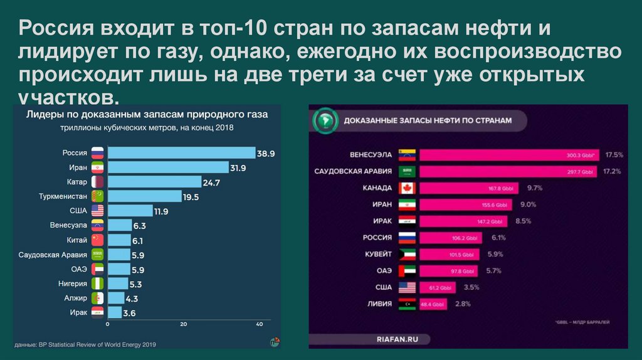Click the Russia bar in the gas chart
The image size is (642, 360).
point(182,152)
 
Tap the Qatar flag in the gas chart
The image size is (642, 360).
point(98,182)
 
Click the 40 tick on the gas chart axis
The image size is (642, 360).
point(259,324)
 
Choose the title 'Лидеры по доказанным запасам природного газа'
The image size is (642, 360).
point(146,115)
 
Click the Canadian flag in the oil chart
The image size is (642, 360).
point(407,188)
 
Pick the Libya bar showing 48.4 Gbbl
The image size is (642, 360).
point(433,304)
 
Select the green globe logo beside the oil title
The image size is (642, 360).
point(324,119)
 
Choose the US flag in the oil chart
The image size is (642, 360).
point(407,287)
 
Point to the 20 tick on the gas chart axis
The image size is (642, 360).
point(184,324)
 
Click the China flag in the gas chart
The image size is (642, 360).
point(98,240)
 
